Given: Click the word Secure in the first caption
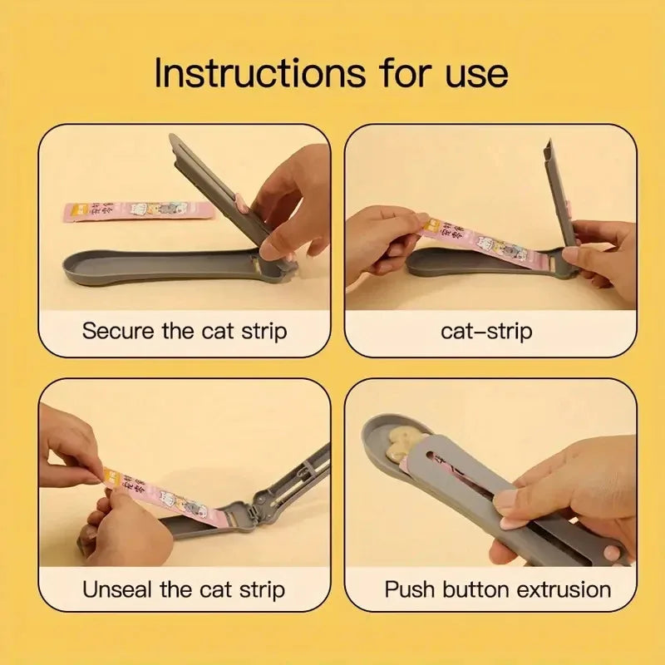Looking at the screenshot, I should tap(117, 331).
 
